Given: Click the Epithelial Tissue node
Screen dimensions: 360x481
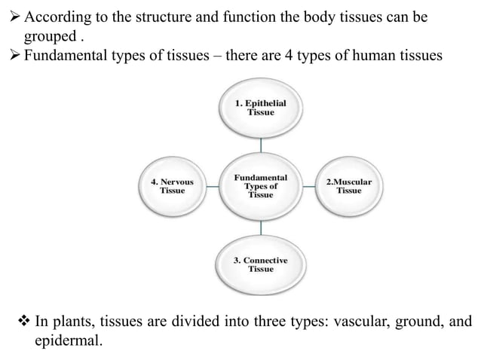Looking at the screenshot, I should point(261,108).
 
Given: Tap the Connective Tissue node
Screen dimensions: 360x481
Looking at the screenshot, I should point(261,264).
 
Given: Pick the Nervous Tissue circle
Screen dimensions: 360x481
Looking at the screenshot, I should point(173,186).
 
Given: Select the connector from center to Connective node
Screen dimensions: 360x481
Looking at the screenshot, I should point(261,226).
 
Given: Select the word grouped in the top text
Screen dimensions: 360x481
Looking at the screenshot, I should point(51,36).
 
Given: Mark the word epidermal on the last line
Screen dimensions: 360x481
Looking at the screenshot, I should point(66,342).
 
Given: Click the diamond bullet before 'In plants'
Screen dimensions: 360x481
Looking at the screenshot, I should point(23,322).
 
